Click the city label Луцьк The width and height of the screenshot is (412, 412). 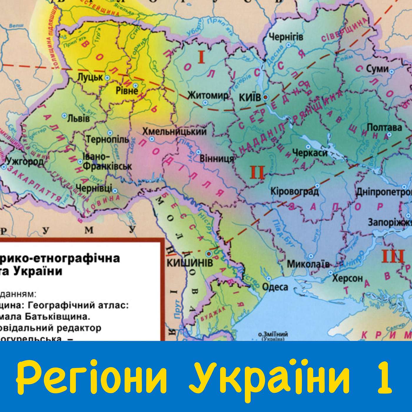[90, 77]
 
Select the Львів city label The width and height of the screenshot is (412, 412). [78, 118]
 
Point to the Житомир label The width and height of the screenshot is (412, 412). [208, 96]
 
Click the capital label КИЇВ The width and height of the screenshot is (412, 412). [250, 97]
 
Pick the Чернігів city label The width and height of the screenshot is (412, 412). [286, 37]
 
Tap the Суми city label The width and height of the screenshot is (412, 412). [377, 69]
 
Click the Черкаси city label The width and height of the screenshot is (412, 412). [310, 153]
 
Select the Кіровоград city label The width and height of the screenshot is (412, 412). [295, 192]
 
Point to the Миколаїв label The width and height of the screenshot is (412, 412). [308, 264]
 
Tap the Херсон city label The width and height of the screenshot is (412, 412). [348, 278]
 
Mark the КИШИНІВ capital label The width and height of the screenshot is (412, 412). [190, 263]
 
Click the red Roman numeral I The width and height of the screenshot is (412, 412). [201, 57]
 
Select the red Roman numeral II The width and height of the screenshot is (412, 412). [257, 172]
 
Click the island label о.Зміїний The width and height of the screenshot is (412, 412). [273, 335]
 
